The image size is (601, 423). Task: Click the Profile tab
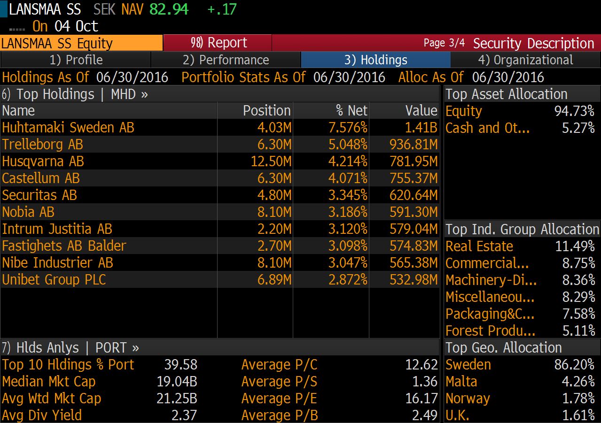76,60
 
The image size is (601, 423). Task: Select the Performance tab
226,60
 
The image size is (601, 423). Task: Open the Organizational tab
525,60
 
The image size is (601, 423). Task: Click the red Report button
218,43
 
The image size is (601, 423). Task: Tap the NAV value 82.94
169,9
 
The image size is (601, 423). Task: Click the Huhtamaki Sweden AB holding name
68,128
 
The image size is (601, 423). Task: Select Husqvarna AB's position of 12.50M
271,162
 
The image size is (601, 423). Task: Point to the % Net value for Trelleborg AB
348,145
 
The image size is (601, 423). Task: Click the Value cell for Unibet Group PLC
414,280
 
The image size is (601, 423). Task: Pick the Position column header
266,111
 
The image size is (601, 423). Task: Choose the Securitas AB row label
39,195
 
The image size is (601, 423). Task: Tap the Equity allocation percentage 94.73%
574,111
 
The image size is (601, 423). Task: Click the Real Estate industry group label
479,246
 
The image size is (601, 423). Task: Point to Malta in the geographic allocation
461,382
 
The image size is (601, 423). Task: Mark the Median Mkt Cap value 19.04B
177,382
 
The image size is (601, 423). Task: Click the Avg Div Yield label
42,415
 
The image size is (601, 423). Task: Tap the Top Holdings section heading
75,94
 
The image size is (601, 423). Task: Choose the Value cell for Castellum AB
414,178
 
